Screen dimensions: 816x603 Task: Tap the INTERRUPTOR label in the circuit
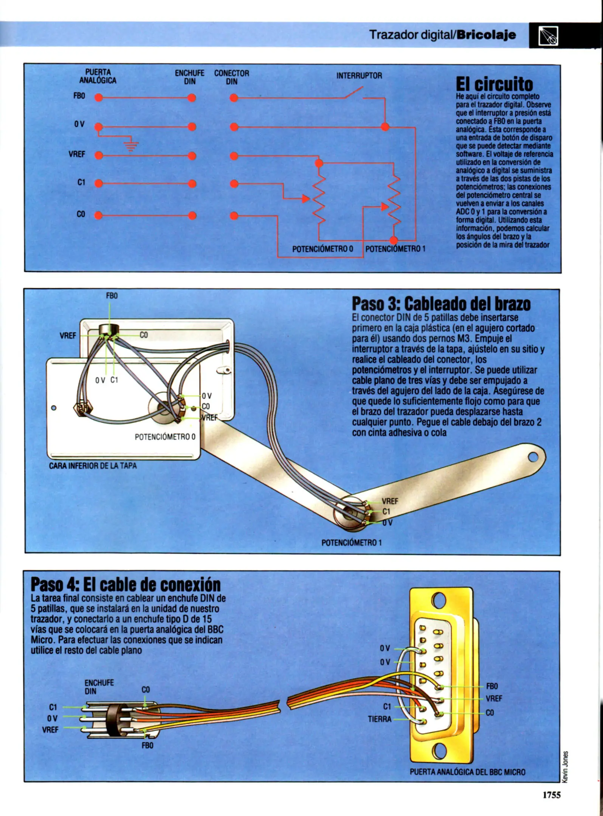coord(359,76)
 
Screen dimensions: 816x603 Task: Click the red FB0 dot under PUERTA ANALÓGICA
coord(99,98)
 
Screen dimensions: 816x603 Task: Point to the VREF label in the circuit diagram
coord(77,154)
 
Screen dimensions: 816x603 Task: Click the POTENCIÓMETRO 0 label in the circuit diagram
coord(322,249)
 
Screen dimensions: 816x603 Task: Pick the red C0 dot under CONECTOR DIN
coord(234,216)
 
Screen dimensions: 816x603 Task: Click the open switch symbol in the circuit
coord(354,93)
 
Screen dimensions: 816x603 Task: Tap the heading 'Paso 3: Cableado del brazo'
coord(441,304)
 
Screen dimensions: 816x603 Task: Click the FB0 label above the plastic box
coord(112,296)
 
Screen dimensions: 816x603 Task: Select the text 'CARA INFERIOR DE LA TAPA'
coord(93,466)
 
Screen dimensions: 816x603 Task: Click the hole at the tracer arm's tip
coord(533,457)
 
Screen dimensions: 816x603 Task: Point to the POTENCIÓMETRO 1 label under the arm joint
coord(351,542)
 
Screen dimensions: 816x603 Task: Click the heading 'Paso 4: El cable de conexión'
coord(126,584)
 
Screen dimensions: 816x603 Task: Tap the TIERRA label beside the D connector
coord(380,719)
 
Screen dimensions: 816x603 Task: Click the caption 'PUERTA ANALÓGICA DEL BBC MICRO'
coord(467,772)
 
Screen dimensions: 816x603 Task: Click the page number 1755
coord(551,795)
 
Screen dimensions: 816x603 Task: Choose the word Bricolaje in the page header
coord(486,35)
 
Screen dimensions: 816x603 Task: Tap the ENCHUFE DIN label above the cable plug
coord(94,687)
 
